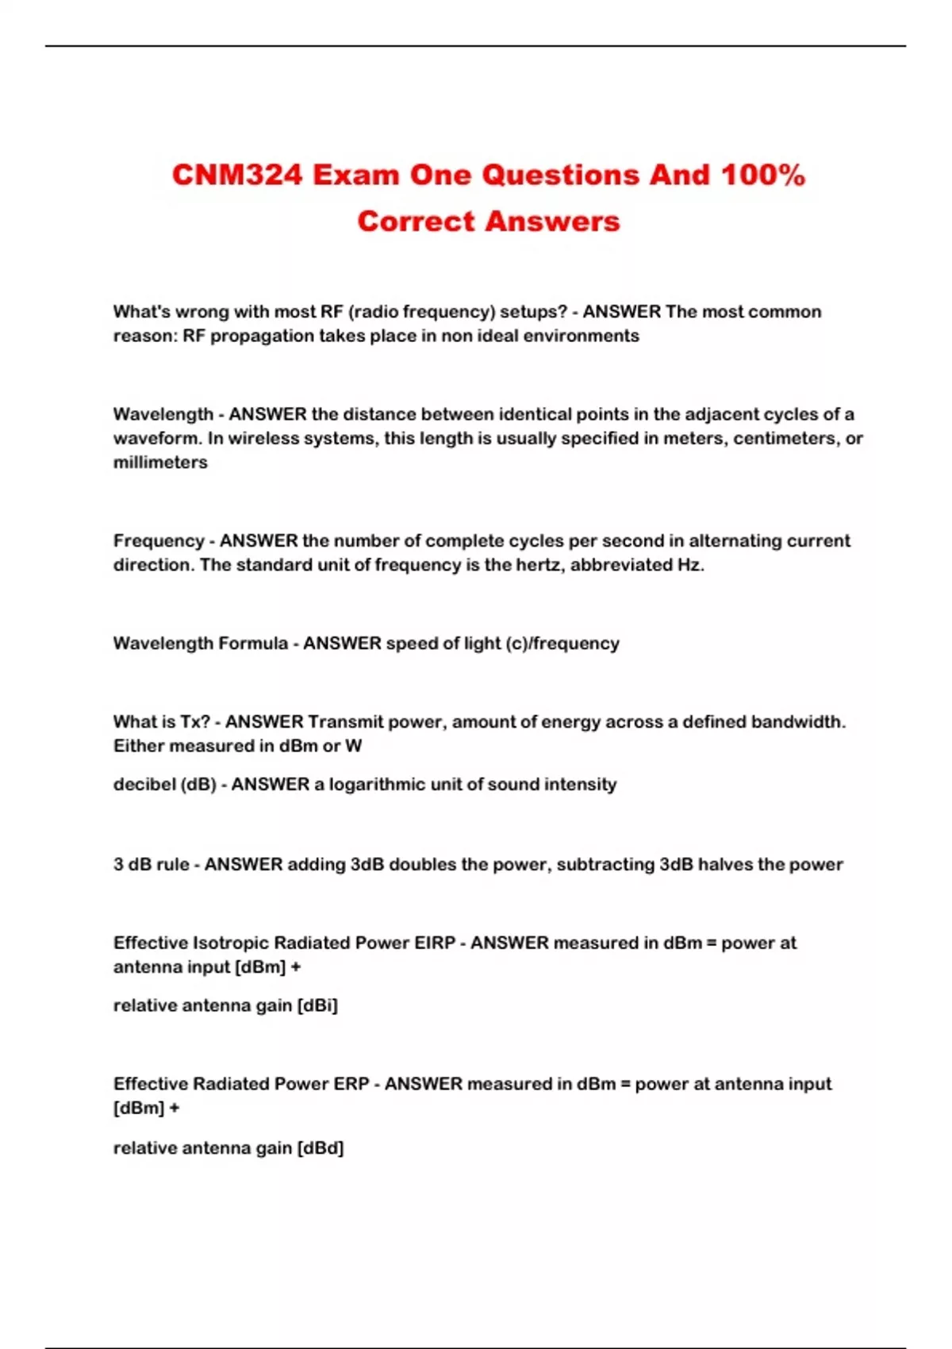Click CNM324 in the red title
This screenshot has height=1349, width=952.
point(237,175)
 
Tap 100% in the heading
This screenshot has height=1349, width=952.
point(762,175)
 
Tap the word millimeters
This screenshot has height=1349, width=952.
point(160,463)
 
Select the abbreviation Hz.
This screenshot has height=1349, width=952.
point(689,565)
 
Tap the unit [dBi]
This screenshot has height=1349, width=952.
point(317,1006)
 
